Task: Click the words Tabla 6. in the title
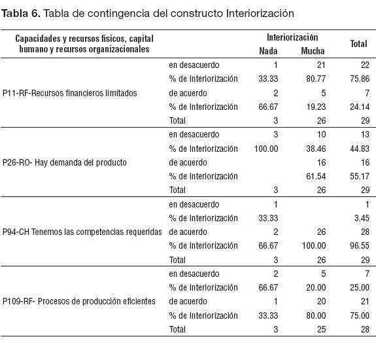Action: coord(21,13)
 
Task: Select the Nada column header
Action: coord(268,51)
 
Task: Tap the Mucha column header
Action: coord(313,51)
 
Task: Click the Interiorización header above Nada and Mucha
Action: coord(292,37)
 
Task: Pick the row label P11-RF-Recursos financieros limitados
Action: coord(70,93)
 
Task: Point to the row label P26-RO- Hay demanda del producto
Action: coord(65,162)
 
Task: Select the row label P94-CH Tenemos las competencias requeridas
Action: coord(82,232)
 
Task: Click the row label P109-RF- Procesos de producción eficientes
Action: coord(79,301)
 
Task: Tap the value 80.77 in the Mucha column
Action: coord(316,79)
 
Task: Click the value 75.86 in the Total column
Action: coord(360,79)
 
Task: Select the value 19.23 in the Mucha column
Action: coord(316,107)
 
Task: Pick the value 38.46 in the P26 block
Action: coord(316,149)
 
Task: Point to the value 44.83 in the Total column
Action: coord(360,149)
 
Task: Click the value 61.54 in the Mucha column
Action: coord(316,177)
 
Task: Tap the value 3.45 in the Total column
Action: coord(362,218)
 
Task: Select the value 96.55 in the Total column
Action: coord(360,245)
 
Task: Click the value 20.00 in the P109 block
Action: coord(316,287)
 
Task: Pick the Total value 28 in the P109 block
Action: coord(365,329)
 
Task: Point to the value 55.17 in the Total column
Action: coord(360,177)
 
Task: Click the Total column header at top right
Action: coord(359,44)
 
